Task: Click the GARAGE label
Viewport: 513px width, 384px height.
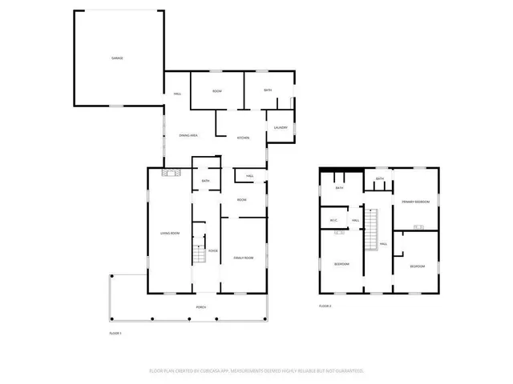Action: pos(117,58)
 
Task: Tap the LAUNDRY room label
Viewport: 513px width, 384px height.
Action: pos(281,128)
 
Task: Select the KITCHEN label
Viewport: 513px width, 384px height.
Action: pos(243,138)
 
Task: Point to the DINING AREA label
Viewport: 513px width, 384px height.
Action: pos(188,136)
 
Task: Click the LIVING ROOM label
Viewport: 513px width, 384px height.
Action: pos(169,233)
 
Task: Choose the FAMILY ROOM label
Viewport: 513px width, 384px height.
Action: pos(243,258)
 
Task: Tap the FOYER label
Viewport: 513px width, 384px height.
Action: pos(213,251)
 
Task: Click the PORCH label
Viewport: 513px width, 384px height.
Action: pos(201,307)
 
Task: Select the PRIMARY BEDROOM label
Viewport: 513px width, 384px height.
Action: pos(416,202)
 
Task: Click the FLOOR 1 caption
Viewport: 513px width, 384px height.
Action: pos(115,332)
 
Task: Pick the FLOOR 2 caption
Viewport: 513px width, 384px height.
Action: pos(325,306)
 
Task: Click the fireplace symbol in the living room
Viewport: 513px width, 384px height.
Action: pos(169,173)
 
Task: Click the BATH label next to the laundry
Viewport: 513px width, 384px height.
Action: pos(268,90)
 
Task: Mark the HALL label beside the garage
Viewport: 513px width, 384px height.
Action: pos(177,94)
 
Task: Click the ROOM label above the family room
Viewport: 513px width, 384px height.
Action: pos(241,199)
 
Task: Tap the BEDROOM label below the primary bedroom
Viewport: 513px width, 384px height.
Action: pos(417,266)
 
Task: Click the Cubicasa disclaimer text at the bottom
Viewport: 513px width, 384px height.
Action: pos(256,371)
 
